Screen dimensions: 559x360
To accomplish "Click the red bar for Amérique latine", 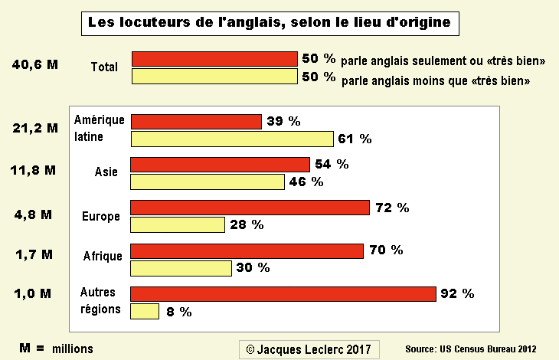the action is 197,122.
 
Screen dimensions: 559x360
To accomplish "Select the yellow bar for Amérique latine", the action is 233,139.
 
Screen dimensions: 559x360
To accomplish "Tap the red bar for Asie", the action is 220,165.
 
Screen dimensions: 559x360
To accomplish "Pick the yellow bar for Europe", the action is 178,225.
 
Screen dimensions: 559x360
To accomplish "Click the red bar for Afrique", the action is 247,251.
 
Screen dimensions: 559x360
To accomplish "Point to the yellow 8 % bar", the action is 145,311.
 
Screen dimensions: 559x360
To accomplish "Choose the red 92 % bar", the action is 283,294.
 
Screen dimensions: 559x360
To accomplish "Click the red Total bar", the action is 214,59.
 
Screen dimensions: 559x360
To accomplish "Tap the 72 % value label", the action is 392,208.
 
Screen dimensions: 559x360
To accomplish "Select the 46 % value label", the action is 306,182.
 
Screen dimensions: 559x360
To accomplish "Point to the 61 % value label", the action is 355,139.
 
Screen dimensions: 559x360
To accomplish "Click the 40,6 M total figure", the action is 35,64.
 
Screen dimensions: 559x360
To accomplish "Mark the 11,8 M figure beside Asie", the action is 33,170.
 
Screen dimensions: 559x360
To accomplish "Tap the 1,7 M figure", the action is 34,254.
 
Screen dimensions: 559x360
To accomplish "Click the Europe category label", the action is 101,216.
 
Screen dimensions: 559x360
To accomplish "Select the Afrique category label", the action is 103,256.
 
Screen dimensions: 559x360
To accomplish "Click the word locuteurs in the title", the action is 155,22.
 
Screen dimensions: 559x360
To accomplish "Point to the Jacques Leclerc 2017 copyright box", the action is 309,349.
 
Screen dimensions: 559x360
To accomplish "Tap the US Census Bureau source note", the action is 471,349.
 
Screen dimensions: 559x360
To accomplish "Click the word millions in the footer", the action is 73,349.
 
